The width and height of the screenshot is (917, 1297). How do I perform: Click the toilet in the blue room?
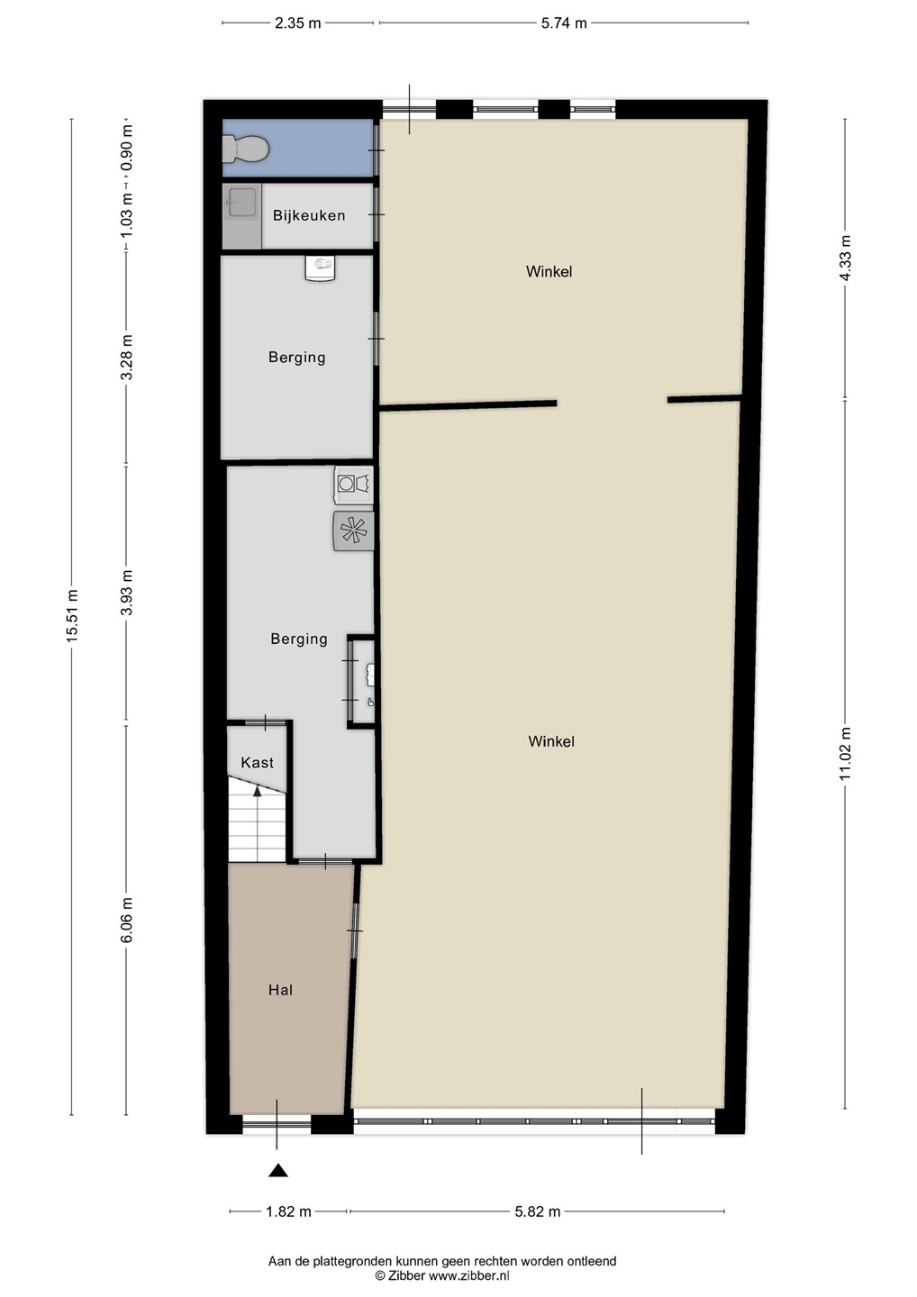click(x=246, y=149)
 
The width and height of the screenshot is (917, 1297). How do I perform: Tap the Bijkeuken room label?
click(x=309, y=215)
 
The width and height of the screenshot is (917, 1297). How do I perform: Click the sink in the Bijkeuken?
click(x=241, y=202)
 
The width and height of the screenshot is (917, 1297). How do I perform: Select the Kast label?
click(x=257, y=763)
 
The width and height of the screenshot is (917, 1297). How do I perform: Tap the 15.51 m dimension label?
click(x=72, y=616)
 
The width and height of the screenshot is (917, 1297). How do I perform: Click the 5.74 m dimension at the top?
click(x=564, y=23)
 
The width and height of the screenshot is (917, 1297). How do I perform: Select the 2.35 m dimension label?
click(x=297, y=23)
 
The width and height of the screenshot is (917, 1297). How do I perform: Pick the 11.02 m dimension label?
click(x=846, y=754)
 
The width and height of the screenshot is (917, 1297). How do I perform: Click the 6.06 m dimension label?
click(x=127, y=921)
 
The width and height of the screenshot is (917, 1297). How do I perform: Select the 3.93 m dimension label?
click(x=127, y=593)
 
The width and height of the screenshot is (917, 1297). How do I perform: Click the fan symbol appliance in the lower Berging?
click(x=354, y=531)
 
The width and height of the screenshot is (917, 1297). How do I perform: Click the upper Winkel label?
click(x=549, y=272)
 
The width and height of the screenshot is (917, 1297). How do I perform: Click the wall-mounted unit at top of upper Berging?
click(x=321, y=269)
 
